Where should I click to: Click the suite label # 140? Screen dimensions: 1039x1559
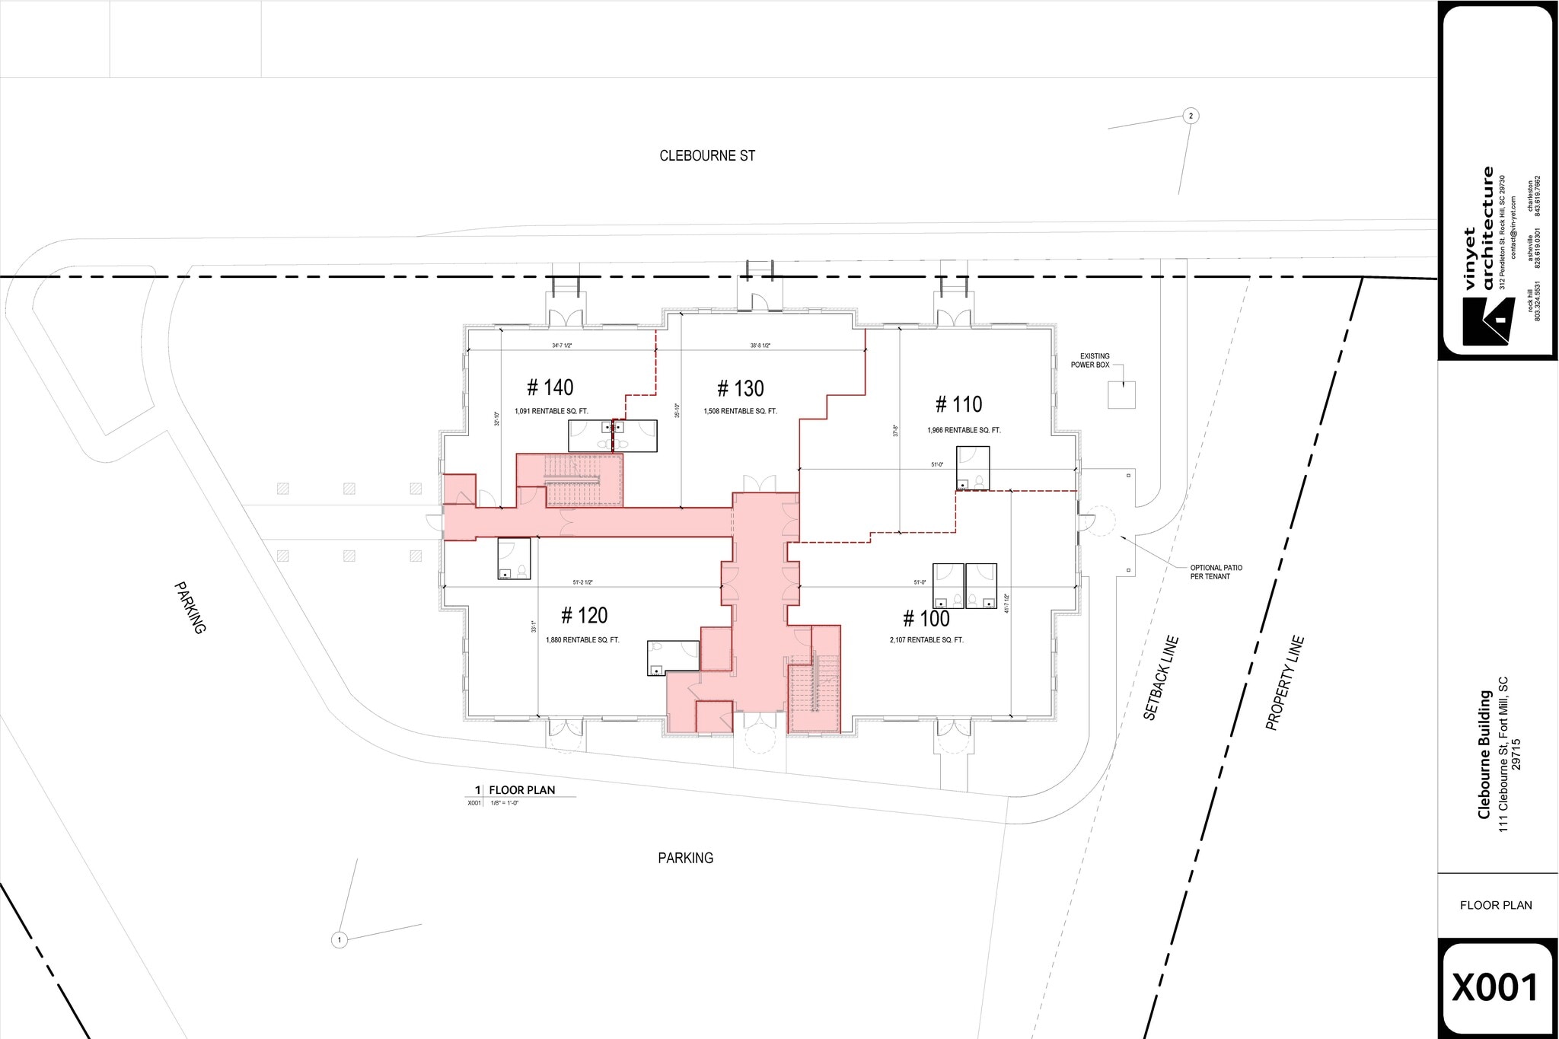point(550,387)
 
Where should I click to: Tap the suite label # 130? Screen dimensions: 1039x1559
point(740,389)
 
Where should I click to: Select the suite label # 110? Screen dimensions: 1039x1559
point(958,404)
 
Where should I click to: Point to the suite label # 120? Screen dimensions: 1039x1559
point(584,615)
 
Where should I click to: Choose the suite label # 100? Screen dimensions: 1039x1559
point(926,618)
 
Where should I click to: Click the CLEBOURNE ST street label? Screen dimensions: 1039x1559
point(707,156)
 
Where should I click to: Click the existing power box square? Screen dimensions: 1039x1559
point(1121,394)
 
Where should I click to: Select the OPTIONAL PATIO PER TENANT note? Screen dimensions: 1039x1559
point(1216,572)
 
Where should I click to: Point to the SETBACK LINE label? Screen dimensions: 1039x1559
point(1160,678)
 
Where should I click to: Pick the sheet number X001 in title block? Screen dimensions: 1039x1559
point(1496,987)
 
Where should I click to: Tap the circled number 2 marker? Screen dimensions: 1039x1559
point(1191,116)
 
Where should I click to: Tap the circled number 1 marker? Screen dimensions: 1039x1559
point(340,940)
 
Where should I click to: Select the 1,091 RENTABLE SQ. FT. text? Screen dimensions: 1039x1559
point(551,411)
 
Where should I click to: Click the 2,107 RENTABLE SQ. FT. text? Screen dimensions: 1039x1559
point(926,640)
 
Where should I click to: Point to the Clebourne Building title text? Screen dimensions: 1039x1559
point(1484,754)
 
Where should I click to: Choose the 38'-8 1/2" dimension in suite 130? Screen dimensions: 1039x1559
point(760,346)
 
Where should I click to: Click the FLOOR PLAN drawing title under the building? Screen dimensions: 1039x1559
point(521,790)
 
